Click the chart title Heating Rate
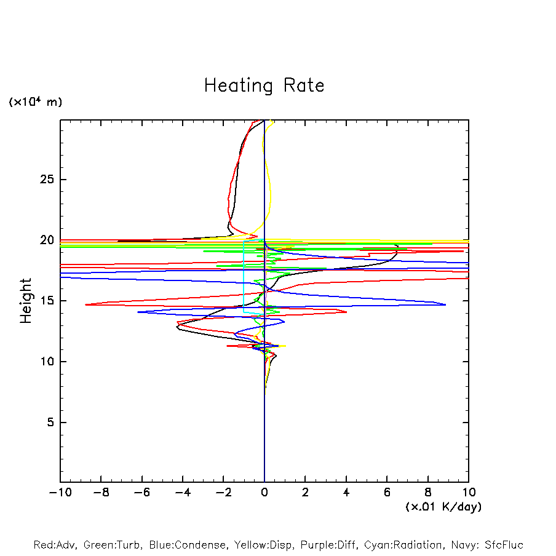tap(264, 85)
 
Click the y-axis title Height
tap(26, 301)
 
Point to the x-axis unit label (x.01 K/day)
tap(443, 507)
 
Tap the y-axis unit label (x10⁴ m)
tap(35, 102)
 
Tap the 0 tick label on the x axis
tap(264, 493)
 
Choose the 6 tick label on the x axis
tap(387, 493)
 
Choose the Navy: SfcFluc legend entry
tap(486, 545)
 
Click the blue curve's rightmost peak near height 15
tap(445, 304)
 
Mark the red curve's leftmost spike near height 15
tap(85, 304)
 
